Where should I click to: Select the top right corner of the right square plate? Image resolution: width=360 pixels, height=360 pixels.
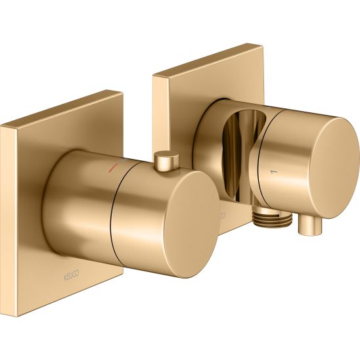pos(263,45)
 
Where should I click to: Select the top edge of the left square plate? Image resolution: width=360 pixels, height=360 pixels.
pos(62,108)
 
